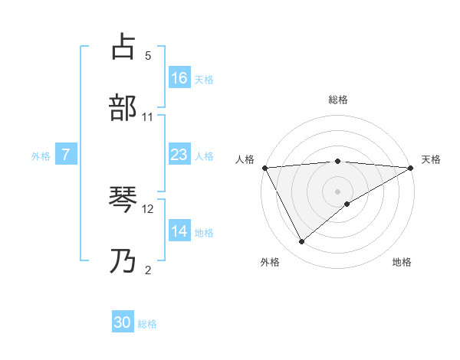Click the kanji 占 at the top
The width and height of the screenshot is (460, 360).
pos(124,47)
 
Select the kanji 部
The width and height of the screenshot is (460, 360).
pos(124,107)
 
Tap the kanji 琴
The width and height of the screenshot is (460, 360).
pos(124,201)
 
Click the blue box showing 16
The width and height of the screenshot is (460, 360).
pos(179,77)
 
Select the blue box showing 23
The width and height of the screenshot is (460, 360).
pos(179,155)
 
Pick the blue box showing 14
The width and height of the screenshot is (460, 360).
pos(179,231)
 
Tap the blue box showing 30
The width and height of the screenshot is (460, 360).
pos(123,322)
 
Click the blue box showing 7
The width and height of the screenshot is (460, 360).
pos(67,155)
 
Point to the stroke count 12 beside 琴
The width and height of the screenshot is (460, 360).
pos(149,208)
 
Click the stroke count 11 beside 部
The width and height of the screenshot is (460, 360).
pos(148,116)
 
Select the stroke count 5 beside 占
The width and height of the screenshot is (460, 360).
pos(148,56)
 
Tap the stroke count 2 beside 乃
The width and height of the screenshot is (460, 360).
pos(148,270)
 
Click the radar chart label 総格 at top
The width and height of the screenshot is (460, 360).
pos(337,100)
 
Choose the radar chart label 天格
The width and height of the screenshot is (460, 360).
pos(431,159)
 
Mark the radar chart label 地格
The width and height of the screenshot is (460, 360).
pos(402,262)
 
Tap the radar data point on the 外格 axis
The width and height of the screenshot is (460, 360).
pos(301,241)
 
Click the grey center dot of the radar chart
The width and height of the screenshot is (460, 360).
pos(337,191)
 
